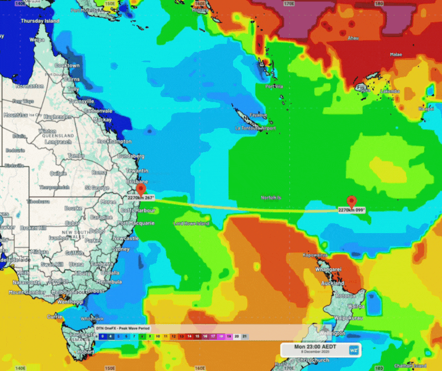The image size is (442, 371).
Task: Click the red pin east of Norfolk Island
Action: point(352,201)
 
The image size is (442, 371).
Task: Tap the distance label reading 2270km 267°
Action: point(140,197)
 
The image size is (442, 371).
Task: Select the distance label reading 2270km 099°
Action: point(351,210)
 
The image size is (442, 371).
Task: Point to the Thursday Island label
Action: point(40,21)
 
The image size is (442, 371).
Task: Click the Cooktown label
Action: point(67,66)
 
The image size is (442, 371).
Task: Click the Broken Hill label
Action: point(33,228)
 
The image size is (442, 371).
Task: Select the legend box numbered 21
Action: point(245,336)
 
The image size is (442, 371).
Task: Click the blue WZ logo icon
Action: point(354,351)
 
